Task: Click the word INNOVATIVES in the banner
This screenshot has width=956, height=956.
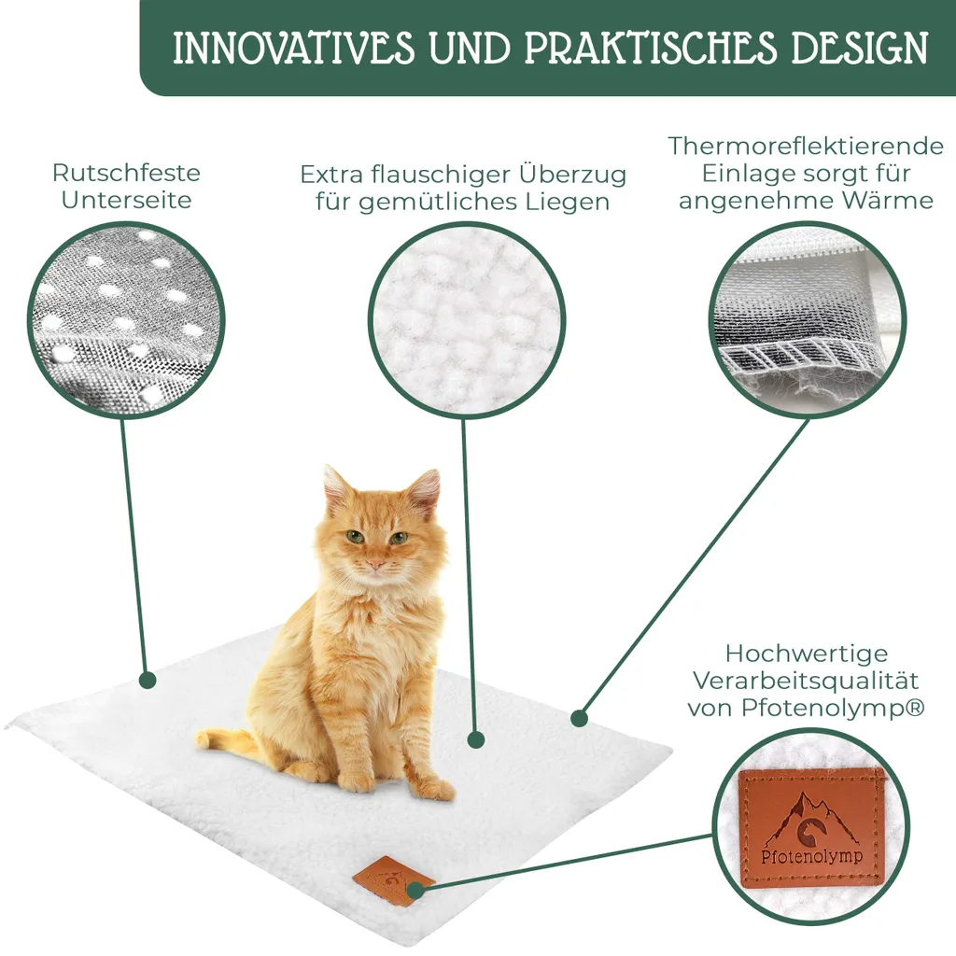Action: (x=294, y=48)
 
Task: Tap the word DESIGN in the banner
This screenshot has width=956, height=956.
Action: (x=860, y=48)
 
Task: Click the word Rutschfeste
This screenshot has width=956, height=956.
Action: (x=126, y=173)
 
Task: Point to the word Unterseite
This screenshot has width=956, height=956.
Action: (x=126, y=200)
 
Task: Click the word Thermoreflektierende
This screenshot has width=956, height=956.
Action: (x=806, y=146)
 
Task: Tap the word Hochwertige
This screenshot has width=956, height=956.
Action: (x=806, y=654)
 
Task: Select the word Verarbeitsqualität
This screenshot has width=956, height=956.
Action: (x=806, y=681)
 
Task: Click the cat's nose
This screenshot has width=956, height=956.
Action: (x=375, y=563)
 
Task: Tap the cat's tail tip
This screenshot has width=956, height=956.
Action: (x=203, y=739)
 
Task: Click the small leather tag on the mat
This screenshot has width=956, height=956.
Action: (x=393, y=881)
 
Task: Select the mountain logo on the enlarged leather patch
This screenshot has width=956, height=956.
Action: (x=809, y=821)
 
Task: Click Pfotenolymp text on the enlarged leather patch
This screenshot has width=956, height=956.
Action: (x=811, y=857)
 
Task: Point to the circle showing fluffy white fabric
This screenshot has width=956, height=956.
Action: (x=467, y=319)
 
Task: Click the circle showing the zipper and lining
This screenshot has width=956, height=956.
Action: (x=808, y=319)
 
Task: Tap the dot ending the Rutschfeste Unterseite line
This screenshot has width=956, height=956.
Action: (x=147, y=680)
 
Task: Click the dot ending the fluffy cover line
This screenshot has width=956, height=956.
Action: (x=476, y=740)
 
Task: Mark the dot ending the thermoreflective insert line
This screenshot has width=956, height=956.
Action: (x=580, y=718)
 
